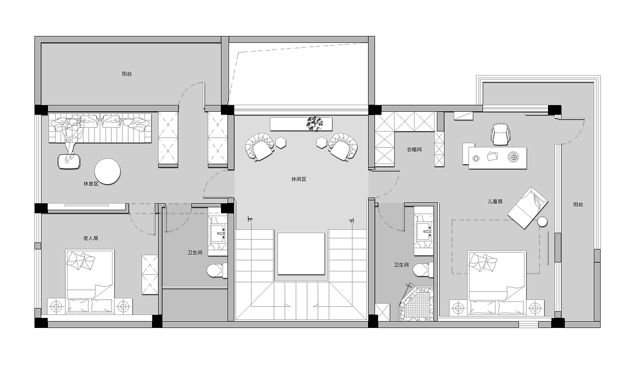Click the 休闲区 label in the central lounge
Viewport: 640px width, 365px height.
pos(298,179)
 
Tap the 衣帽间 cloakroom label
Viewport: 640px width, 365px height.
pos(414,150)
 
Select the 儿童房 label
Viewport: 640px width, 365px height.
pos(495,202)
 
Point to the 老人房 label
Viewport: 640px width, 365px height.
pos(90,238)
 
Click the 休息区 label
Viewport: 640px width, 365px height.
pos(91,184)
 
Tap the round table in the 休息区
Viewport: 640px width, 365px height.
pos(107,172)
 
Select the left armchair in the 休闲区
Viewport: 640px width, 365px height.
pos(259,147)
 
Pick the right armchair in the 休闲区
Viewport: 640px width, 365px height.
pos(343,147)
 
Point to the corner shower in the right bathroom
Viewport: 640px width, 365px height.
pos(416,303)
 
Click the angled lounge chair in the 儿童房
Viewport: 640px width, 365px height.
pos(527,208)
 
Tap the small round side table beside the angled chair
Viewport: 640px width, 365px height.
pos(542,222)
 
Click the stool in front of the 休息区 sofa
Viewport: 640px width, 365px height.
pos(69,161)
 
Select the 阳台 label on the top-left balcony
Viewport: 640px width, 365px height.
pos(127,74)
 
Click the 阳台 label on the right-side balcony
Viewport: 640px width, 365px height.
pos(578,204)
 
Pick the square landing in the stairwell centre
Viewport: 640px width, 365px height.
pos(301,254)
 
